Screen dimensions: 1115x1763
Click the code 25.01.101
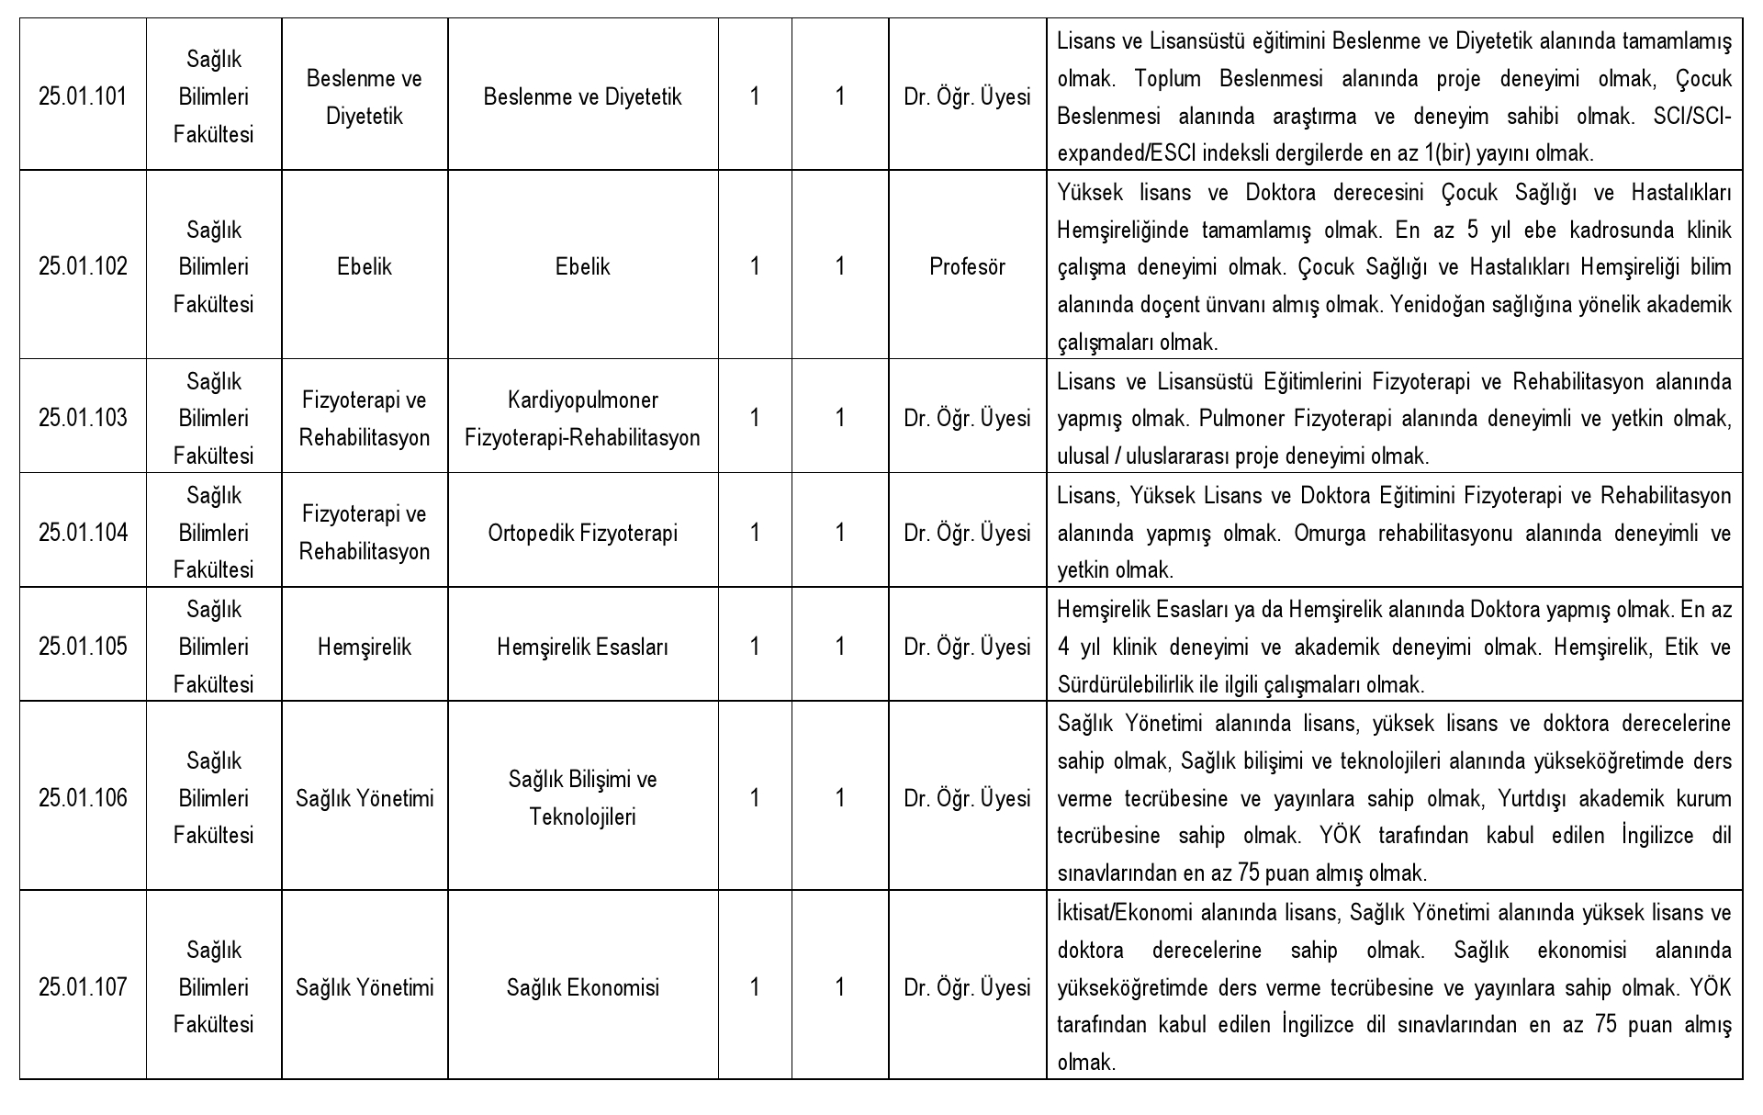click(x=83, y=96)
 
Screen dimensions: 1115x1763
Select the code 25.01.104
click(x=83, y=533)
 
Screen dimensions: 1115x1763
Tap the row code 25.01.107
click(x=83, y=987)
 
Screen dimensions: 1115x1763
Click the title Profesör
click(x=967, y=266)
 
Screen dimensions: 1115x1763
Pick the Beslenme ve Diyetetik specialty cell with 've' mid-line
click(x=582, y=96)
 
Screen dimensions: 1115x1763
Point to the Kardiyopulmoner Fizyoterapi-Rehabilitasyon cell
click(x=582, y=419)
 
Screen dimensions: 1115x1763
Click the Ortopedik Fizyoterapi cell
click(x=582, y=533)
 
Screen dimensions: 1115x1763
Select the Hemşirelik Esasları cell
click(x=582, y=647)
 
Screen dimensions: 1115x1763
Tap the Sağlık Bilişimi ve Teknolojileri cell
click(x=582, y=798)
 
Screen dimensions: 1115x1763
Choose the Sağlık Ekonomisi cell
click(x=582, y=987)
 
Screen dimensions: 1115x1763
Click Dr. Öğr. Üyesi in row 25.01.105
click(x=967, y=647)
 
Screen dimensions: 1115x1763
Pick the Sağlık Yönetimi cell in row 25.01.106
click(x=365, y=798)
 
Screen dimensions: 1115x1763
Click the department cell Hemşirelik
click(x=365, y=647)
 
